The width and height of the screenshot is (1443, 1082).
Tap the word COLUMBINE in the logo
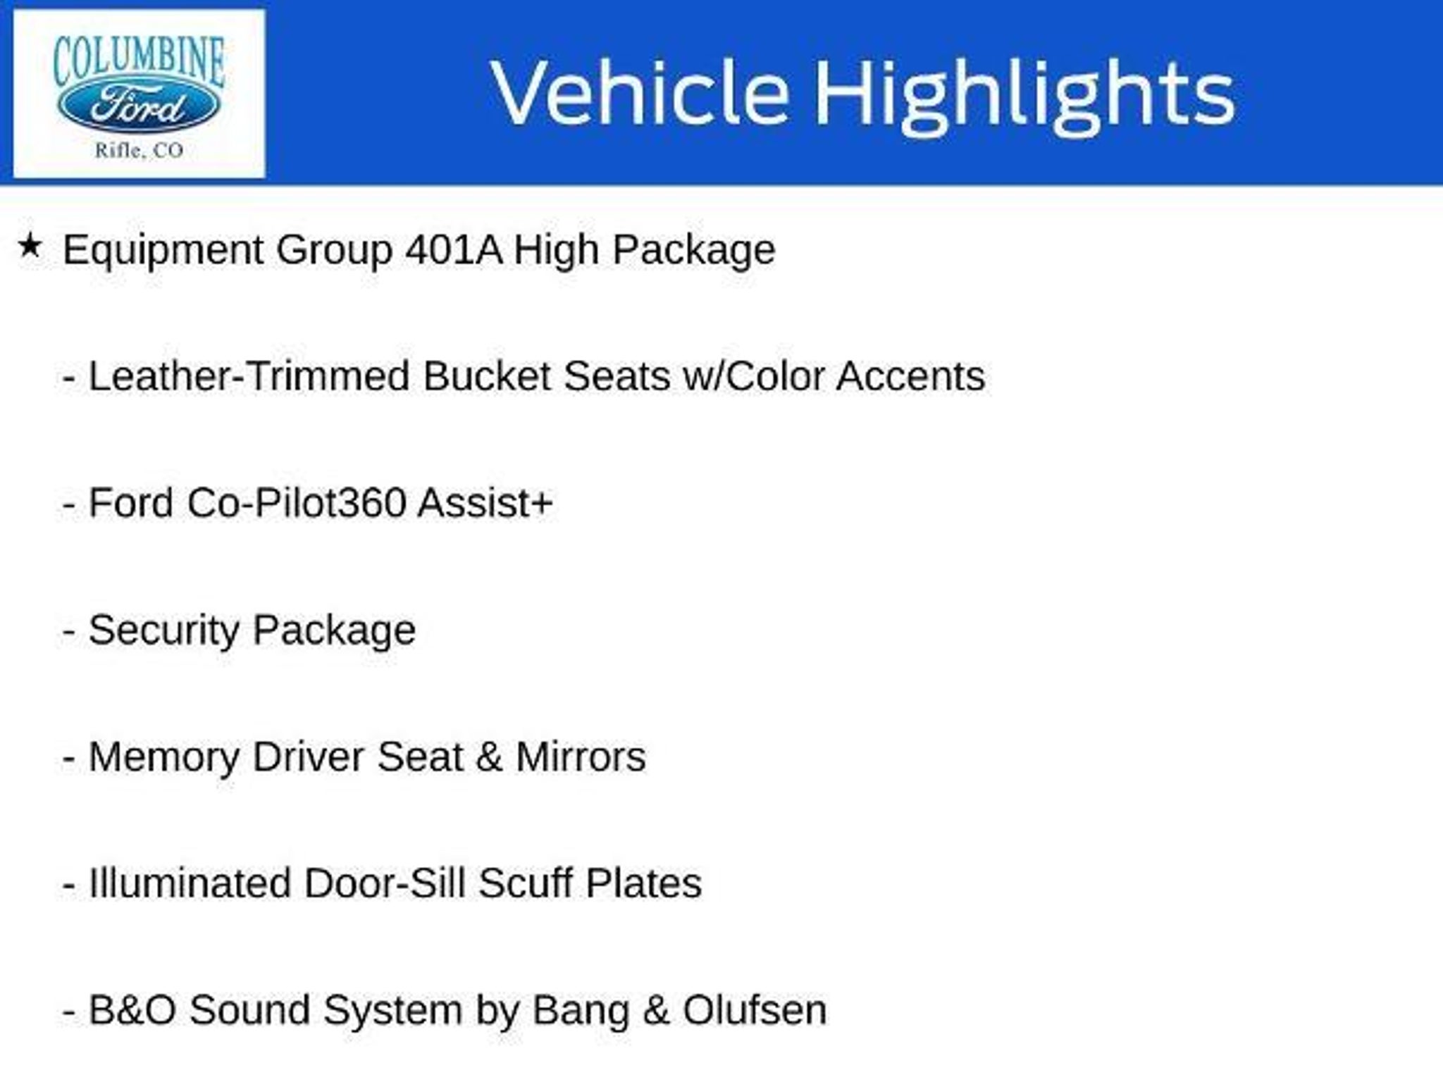139,62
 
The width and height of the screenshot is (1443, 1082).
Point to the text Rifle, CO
139,150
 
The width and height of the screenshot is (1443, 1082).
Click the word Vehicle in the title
640,93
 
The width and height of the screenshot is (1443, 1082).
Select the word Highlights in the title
1024,97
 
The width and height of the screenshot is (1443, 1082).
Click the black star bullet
30,247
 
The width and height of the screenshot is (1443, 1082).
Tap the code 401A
454,249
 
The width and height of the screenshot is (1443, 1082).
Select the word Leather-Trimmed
248,375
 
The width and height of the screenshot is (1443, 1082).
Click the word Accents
910,376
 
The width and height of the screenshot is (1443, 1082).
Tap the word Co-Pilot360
297,503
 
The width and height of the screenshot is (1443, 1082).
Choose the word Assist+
485,503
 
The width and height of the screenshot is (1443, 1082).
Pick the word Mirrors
581,757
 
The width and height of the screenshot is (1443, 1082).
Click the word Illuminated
190,883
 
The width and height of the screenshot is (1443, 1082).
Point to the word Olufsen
755,1010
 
